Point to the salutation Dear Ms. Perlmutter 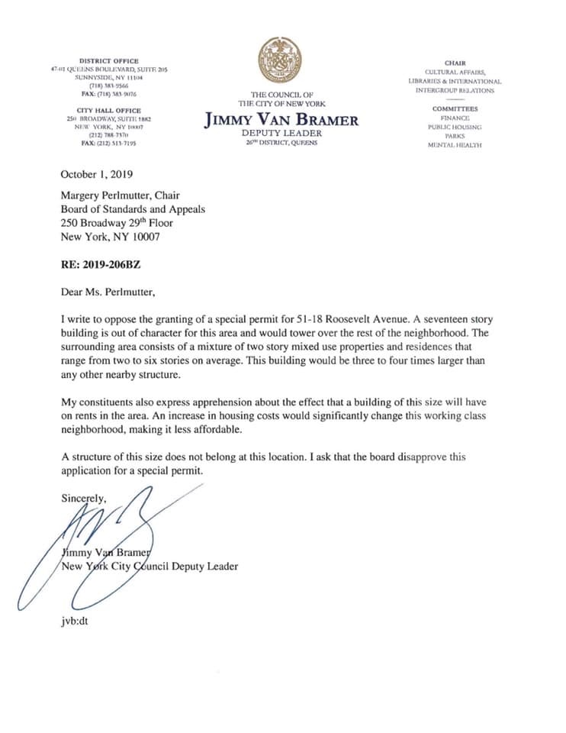tap(111, 290)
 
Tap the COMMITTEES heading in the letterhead tap(455, 109)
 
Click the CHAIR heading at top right tap(455, 63)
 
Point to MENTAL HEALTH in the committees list tap(455, 145)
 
